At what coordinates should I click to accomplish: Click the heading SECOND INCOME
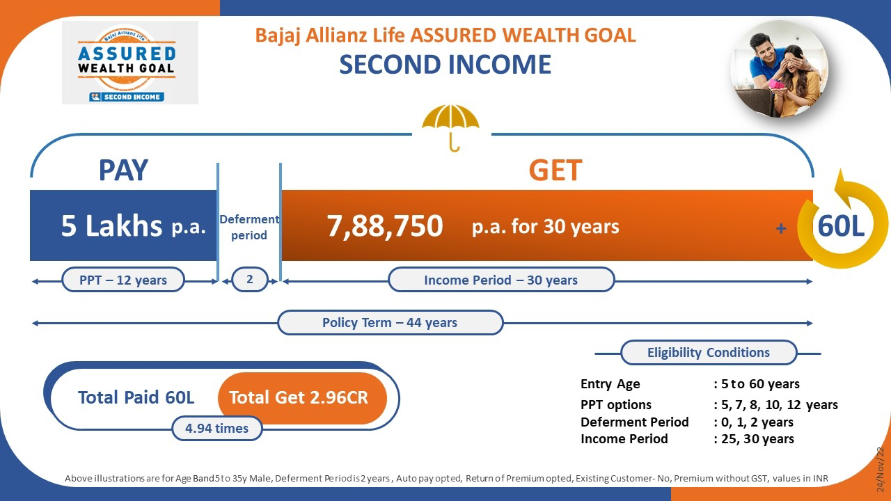pos(445,65)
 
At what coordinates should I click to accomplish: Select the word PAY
pos(123,170)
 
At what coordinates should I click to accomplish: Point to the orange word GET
pos(555,170)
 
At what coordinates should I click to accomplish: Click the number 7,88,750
pos(385,226)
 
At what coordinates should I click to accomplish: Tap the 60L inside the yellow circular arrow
pos(841,226)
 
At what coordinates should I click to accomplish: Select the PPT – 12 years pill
pos(123,280)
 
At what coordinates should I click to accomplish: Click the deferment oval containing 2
pos(250,279)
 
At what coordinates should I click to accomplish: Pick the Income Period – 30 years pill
pos(501,280)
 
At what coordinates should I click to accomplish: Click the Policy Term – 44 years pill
pos(391,322)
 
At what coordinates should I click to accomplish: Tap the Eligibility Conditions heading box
pos(709,353)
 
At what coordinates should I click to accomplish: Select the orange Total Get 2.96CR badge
pos(302,397)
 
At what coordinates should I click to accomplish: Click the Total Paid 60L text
pos(136,397)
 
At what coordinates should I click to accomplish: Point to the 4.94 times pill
pos(216,428)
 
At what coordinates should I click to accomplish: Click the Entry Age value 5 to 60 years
pos(760,384)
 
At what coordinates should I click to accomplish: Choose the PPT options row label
pos(616,405)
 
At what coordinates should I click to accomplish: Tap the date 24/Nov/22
pos(881,469)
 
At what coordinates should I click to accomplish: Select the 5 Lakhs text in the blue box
pos(112,225)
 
